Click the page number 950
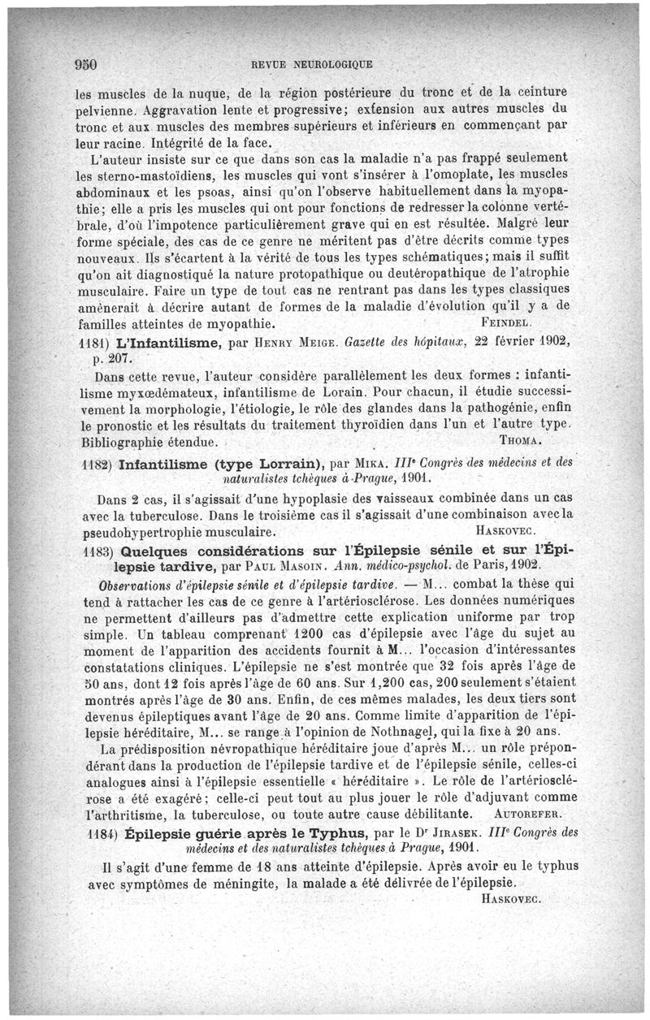(x=85, y=64)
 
